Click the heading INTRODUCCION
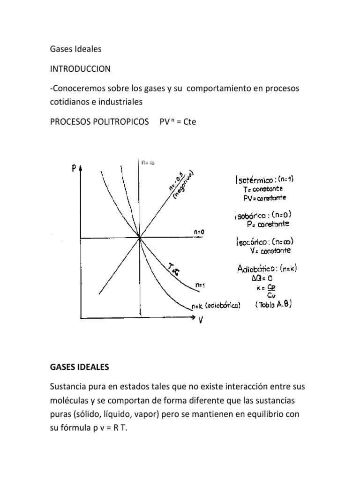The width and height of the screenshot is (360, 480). tap(80, 69)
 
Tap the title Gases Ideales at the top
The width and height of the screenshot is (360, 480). tap(75, 49)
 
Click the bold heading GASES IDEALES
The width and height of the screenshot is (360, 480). tap(79, 368)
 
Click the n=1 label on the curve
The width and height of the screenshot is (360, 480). tap(200, 284)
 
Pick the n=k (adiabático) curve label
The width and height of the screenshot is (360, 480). tap(216, 306)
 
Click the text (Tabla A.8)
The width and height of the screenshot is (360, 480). tap(274, 304)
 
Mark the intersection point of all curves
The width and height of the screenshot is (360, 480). tap(140, 239)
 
